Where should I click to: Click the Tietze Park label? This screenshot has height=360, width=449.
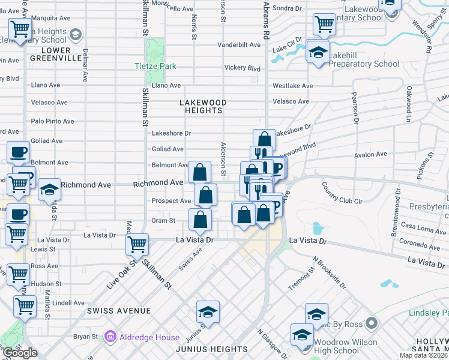coord(155,66)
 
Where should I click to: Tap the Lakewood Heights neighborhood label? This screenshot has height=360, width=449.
coord(203,107)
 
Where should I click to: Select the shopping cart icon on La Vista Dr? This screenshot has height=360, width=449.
coord(137,244)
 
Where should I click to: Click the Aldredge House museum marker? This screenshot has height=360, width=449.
coord(110,337)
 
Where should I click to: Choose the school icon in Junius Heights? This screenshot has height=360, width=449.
coord(208,312)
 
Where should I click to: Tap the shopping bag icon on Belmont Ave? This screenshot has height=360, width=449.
coord(199,172)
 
